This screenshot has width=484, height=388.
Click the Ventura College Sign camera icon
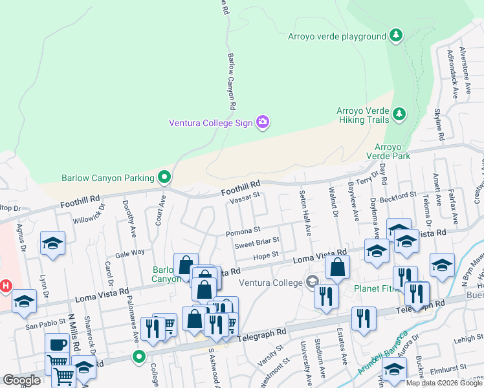click(x=263, y=122)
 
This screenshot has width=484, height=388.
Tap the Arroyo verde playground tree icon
click(x=396, y=36)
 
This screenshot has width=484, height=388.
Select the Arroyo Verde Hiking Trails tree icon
click(x=399, y=114)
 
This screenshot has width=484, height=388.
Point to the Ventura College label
click(x=270, y=283)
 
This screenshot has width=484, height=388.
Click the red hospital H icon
click(x=6, y=285)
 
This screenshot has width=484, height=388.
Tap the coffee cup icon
click(x=56, y=344)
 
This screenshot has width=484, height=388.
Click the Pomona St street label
click(x=243, y=230)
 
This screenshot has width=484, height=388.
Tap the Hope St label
click(x=265, y=255)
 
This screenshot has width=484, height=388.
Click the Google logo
click(x=22, y=380)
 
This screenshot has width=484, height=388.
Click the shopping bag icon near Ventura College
click(x=337, y=266)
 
